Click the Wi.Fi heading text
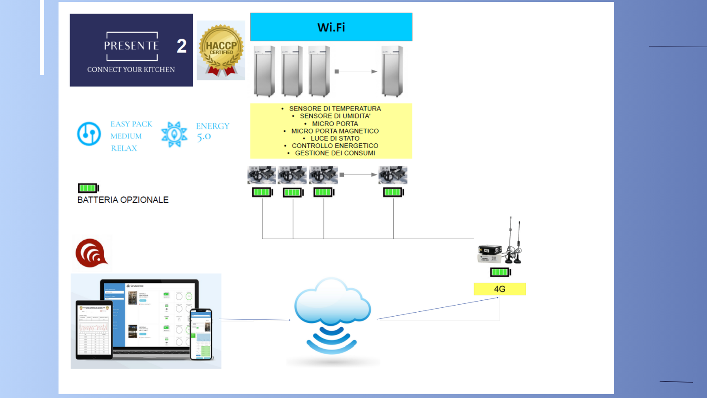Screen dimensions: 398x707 click(x=331, y=27)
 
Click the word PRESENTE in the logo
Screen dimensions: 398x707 click(x=131, y=46)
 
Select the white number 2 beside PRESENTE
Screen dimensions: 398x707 click(x=182, y=46)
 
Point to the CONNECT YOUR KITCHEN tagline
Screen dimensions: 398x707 click(x=131, y=69)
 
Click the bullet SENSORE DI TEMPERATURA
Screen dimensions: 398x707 click(x=334, y=108)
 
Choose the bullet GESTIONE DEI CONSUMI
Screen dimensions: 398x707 click(x=334, y=153)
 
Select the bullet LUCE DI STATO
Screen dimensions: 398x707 click(x=334, y=138)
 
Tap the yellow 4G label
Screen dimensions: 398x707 click(x=500, y=289)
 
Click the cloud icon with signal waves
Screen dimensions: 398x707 click(x=332, y=315)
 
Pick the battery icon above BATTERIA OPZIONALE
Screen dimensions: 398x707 click(x=88, y=188)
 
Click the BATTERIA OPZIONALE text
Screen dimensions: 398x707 click(x=123, y=200)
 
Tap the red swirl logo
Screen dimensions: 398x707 click(x=91, y=253)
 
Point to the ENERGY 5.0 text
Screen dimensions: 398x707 click(x=212, y=131)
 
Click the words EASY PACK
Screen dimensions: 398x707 click(x=131, y=124)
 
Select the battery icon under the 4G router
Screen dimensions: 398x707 click(x=500, y=272)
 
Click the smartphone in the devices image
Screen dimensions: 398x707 click(x=201, y=334)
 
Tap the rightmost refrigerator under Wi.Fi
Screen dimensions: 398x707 click(x=392, y=71)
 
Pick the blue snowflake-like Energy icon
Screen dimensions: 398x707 click(x=174, y=134)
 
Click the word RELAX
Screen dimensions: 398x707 click(x=124, y=148)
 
